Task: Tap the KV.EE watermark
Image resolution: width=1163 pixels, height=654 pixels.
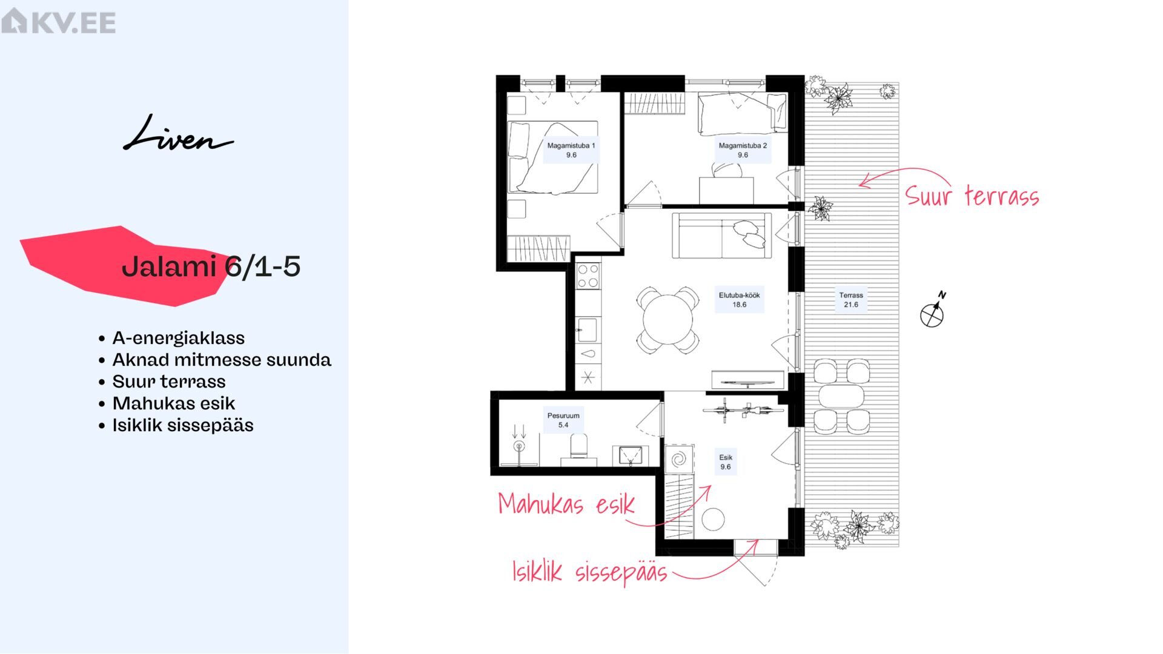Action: [58, 21]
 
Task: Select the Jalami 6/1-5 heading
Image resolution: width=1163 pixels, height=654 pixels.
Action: [211, 266]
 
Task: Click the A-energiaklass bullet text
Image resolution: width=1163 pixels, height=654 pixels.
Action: [178, 338]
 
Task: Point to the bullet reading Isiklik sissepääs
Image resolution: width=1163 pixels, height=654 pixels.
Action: [182, 425]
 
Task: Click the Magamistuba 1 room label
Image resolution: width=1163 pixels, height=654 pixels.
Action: [571, 150]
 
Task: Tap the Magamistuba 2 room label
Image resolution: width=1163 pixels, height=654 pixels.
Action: [743, 150]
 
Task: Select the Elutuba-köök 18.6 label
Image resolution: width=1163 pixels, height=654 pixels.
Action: [739, 300]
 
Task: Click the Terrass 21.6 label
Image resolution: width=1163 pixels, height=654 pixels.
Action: [851, 300]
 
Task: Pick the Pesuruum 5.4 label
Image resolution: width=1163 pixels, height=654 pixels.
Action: [563, 420]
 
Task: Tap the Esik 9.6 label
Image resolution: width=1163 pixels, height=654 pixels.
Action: [726, 462]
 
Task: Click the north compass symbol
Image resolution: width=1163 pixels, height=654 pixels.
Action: [933, 310]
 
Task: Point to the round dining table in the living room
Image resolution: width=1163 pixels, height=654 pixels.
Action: [668, 320]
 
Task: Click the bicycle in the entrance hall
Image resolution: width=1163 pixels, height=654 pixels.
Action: [743, 410]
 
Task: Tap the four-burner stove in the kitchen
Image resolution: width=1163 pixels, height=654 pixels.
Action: [588, 276]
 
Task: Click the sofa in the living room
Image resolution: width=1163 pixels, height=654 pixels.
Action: [721, 236]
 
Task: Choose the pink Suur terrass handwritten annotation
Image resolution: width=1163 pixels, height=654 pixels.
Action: [972, 196]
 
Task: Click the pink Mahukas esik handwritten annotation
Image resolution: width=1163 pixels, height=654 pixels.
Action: [566, 504]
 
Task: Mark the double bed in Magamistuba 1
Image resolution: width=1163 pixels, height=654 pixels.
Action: [552, 157]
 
